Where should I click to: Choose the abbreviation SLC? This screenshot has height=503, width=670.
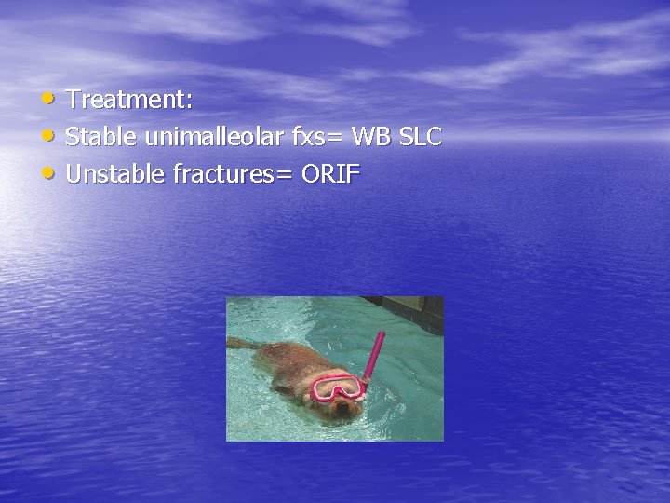[421, 137]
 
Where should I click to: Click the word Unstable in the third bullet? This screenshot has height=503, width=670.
[115, 174]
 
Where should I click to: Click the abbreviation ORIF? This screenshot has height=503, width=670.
[331, 174]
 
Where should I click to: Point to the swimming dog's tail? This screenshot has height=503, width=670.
[244, 344]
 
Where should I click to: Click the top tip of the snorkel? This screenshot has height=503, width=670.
[380, 334]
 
